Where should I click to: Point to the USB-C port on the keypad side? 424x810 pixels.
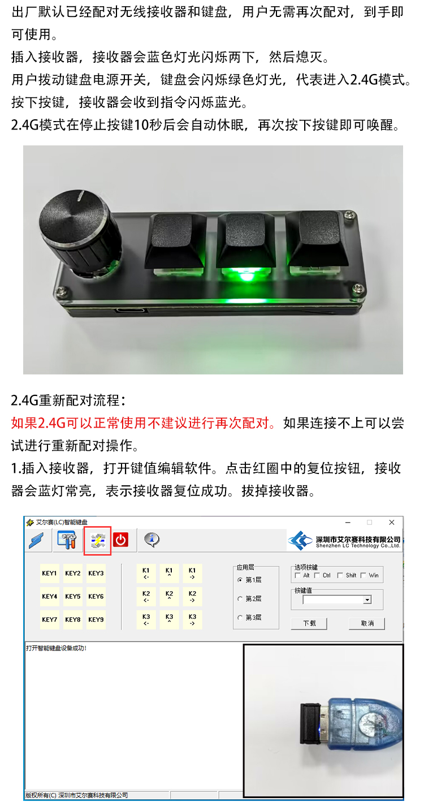click(131, 311)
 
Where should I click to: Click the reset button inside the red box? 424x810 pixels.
click(98, 541)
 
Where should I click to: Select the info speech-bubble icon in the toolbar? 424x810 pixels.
click(152, 540)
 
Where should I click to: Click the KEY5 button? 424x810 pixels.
click(73, 596)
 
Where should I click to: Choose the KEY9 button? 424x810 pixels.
click(96, 619)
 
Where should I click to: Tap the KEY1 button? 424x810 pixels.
click(50, 573)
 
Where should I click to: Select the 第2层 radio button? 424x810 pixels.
click(240, 599)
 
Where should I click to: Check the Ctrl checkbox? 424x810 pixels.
click(317, 575)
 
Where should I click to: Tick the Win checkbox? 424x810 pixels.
click(364, 575)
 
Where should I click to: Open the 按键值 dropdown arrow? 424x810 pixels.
click(367, 600)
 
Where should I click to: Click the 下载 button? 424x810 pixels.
click(309, 623)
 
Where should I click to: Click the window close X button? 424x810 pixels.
click(391, 522)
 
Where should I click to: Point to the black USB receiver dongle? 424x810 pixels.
click(310, 723)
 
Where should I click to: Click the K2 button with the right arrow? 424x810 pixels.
click(192, 596)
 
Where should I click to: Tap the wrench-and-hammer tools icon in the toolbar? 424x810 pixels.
click(67, 540)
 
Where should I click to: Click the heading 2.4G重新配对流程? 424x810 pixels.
click(68, 400)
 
